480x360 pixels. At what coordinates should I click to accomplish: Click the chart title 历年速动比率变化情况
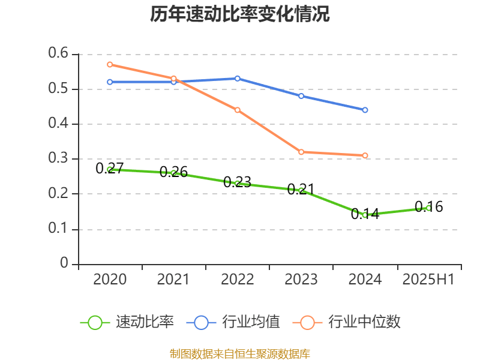(240, 14)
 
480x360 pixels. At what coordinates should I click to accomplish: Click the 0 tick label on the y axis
(65, 264)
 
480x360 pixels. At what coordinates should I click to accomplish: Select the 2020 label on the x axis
(110, 279)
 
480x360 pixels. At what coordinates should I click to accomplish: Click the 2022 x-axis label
(238, 279)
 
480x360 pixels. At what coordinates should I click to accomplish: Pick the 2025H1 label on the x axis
(428, 279)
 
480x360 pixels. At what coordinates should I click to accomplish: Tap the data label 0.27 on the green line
(110, 169)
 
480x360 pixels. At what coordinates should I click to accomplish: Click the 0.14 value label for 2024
(365, 214)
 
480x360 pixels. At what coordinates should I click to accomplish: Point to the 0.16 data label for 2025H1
(428, 207)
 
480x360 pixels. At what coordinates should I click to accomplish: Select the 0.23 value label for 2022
(237, 182)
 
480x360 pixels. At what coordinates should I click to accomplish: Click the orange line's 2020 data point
(110, 64)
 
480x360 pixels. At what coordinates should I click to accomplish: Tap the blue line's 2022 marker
(238, 79)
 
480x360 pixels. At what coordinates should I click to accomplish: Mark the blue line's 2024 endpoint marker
(365, 110)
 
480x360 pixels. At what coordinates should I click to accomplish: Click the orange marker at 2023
(301, 152)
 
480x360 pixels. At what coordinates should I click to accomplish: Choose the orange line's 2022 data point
(238, 110)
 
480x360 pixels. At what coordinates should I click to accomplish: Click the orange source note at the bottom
(240, 353)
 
